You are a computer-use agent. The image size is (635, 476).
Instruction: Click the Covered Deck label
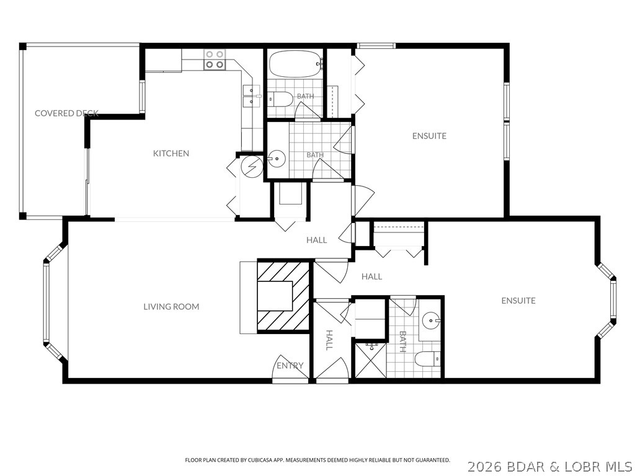tap(66, 113)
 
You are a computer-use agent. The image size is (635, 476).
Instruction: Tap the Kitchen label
tap(171, 154)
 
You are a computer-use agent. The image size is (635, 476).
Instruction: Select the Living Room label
tap(171, 307)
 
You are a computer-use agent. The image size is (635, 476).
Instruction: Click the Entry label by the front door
tap(290, 366)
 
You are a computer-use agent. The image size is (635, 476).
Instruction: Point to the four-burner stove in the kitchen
tap(214, 59)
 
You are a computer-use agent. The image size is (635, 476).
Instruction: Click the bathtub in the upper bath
tap(296, 64)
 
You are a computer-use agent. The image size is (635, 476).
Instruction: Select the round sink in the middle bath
tap(277, 158)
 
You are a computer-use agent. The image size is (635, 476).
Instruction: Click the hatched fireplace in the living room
tap(283, 296)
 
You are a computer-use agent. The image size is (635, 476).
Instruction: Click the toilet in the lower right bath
tap(427, 359)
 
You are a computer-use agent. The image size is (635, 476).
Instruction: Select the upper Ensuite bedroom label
tap(429, 136)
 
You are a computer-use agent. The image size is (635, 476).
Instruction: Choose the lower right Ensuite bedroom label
tap(518, 301)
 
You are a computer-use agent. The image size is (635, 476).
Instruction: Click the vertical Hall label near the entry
tap(329, 340)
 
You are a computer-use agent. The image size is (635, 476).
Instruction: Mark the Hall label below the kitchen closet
tap(317, 240)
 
